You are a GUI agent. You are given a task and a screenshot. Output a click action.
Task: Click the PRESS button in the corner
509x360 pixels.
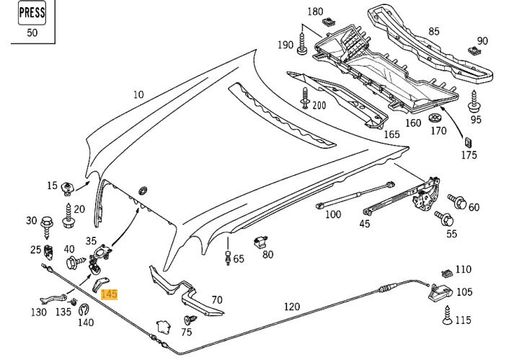[x=31, y=13]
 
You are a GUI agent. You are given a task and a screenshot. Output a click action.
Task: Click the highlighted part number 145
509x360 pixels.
[x=109, y=294]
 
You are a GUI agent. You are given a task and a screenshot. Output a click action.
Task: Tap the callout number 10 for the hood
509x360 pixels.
[x=138, y=95]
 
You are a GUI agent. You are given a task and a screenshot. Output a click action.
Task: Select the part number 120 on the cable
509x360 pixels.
[x=291, y=307]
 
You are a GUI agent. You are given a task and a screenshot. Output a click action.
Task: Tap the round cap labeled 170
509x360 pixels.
[x=434, y=117]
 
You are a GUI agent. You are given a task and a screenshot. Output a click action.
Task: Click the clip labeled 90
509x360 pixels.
[x=473, y=51]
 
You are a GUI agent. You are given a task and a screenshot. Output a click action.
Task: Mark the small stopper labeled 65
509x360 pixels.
[x=229, y=257]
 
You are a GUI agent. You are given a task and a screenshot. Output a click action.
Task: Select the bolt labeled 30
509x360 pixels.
[x=48, y=221]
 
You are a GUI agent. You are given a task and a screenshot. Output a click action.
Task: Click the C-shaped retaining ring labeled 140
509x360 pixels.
[x=84, y=310]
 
